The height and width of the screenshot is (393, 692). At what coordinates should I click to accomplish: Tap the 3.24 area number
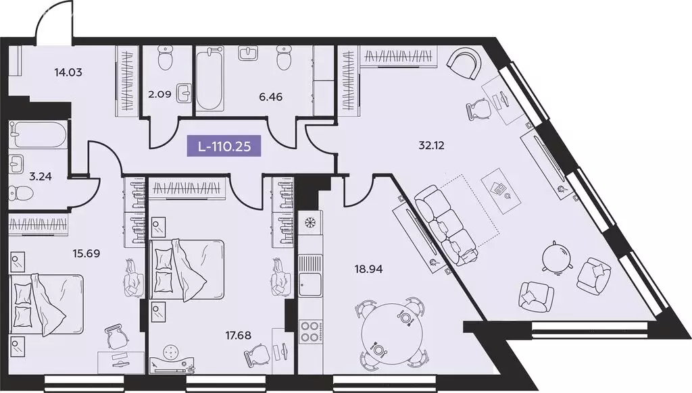(31, 180)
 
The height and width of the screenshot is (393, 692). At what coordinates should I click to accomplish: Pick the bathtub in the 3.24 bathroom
(38, 134)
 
